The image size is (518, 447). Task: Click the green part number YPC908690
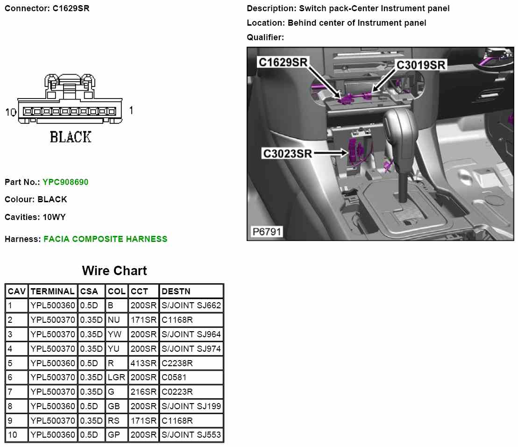[65, 182]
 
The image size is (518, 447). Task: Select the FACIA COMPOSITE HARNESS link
[105, 239]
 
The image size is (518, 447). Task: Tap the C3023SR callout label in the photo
[287, 153]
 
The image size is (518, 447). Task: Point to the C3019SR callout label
[421, 65]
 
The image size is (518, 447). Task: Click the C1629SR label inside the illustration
[283, 62]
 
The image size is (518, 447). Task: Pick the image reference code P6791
[267, 232]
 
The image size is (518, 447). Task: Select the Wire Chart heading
[114, 271]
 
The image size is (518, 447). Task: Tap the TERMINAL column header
[52, 291]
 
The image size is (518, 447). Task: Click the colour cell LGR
[116, 377]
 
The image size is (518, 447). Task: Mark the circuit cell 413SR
[143, 363]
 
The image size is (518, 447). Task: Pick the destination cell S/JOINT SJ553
[191, 435]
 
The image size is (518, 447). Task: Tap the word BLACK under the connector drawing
[71, 137]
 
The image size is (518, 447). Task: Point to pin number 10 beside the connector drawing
[10, 112]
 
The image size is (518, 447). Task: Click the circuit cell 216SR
[143, 392]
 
